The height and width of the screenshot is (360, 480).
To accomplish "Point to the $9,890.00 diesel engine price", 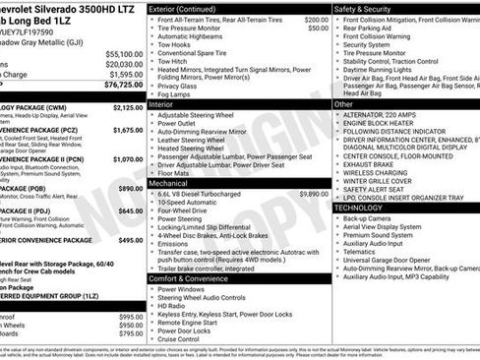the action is [310, 195].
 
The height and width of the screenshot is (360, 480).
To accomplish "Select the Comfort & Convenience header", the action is [191, 279].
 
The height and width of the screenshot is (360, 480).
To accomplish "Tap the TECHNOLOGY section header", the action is [359, 208].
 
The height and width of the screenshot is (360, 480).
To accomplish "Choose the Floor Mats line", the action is [175, 172].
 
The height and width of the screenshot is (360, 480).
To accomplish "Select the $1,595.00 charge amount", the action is [124, 74].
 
